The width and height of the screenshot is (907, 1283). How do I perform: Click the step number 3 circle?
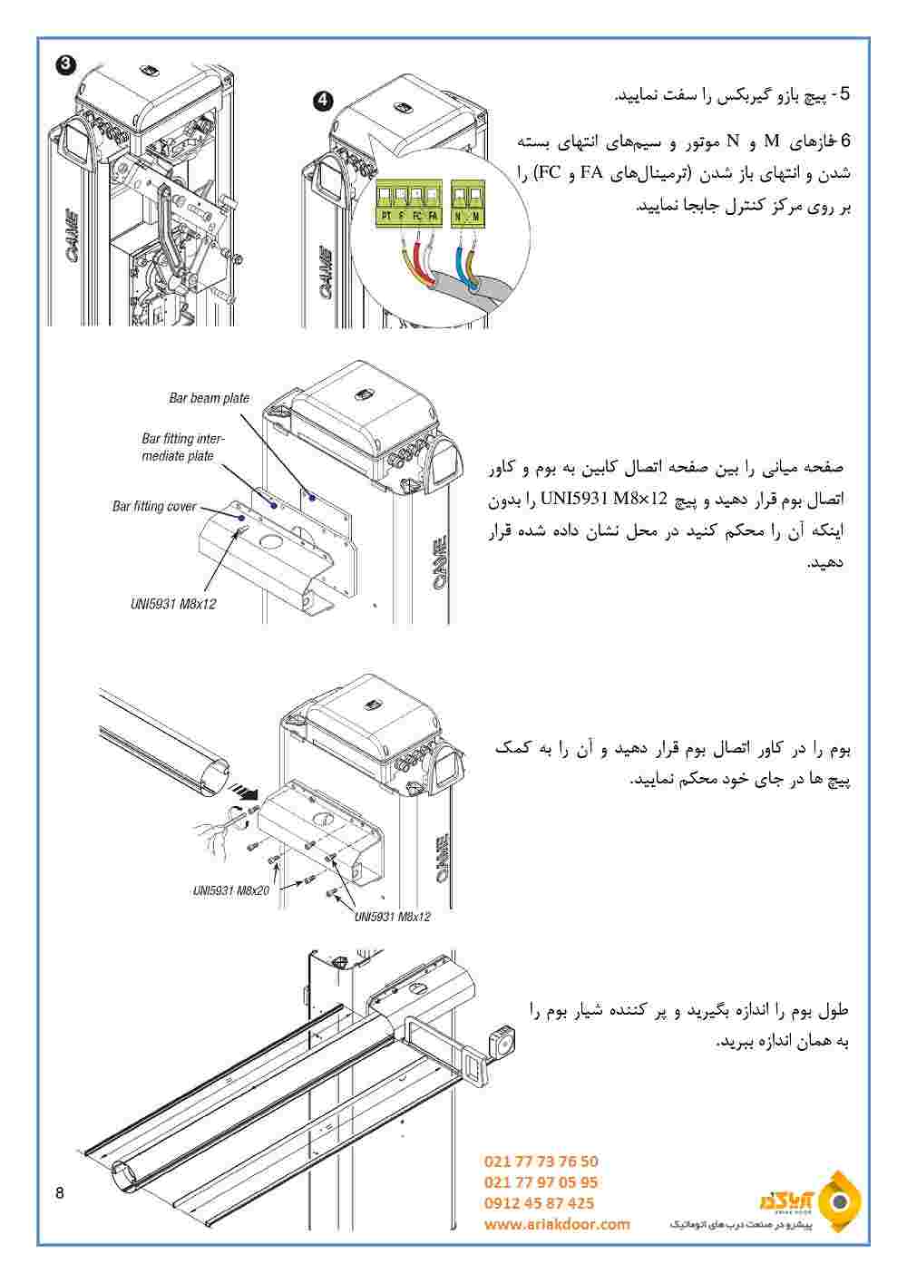tap(64, 63)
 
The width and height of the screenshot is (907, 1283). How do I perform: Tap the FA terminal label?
tap(433, 217)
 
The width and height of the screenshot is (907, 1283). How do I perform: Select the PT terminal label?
tap(386, 217)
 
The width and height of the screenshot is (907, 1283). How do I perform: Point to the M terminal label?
tap(475, 217)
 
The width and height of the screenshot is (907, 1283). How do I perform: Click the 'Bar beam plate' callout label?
tap(209, 398)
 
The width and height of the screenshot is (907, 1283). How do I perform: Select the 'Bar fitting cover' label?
tap(154, 507)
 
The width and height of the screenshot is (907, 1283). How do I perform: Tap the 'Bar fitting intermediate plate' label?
tap(182, 447)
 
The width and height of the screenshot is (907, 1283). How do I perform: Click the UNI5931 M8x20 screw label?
tap(230, 890)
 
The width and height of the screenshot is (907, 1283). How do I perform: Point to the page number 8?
tap(60, 1192)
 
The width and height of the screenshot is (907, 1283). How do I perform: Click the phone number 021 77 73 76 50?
tap(541, 1162)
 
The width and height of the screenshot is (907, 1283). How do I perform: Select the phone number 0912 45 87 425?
tap(540, 1203)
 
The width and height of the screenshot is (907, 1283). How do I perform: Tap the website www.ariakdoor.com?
tap(557, 1224)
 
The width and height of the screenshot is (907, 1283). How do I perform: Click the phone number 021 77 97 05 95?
tap(541, 1182)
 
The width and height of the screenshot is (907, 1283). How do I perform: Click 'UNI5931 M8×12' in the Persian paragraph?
tap(604, 499)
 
